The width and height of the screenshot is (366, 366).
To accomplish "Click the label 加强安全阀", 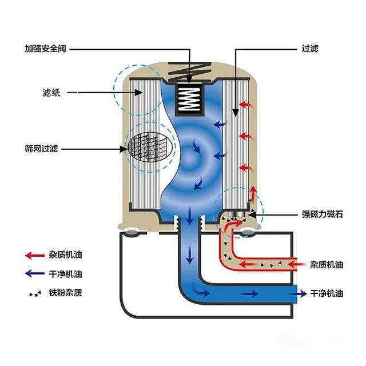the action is pyautogui.click(x=46, y=49).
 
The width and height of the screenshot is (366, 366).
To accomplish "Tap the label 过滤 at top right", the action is pyautogui.click(x=310, y=49).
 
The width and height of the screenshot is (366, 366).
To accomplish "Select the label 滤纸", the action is pyautogui.click(x=51, y=93).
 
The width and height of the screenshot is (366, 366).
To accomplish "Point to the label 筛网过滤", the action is pyautogui.click(x=41, y=149).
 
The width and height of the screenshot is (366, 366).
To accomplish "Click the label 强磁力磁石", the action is pyautogui.click(x=323, y=214).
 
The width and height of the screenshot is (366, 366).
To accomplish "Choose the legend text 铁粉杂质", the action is pyautogui.click(x=65, y=292).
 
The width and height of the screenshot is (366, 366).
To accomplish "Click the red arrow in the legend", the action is pyautogui.click(x=34, y=256).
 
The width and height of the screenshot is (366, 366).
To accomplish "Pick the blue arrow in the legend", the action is pyautogui.click(x=34, y=273).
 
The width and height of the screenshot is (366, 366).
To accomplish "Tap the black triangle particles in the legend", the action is pyautogui.click(x=35, y=294).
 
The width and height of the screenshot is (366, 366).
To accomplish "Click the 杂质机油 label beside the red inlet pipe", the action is pyautogui.click(x=327, y=264).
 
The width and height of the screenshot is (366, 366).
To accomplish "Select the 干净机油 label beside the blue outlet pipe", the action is pyautogui.click(x=327, y=293).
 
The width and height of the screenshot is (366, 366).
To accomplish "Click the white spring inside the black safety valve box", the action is pyautogui.click(x=189, y=99).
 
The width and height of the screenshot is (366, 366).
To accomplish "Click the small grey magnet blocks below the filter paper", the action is pyautogui.click(x=236, y=214).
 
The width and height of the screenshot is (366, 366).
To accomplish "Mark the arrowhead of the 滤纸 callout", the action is pyautogui.click(x=140, y=93).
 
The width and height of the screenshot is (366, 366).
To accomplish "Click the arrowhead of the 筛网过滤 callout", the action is pyautogui.click(x=124, y=149).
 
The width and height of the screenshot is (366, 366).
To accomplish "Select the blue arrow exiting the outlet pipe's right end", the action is pyautogui.click(x=301, y=293).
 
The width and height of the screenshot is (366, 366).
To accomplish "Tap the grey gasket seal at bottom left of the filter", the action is pyautogui.click(x=132, y=233).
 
